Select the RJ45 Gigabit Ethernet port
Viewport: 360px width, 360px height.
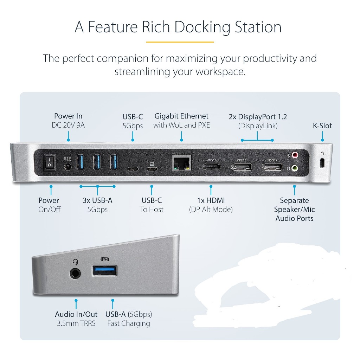click(x=181, y=162)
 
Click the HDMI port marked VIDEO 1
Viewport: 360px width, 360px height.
click(x=211, y=166)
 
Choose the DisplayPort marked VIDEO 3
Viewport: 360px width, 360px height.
click(x=271, y=166)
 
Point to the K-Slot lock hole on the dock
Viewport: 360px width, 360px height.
click(x=322, y=163)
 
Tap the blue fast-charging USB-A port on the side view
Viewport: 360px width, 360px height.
click(x=105, y=270)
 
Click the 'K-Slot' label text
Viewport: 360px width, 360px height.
click(x=322, y=126)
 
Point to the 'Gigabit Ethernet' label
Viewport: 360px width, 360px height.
click(x=181, y=116)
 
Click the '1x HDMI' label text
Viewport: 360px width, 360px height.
click(x=211, y=200)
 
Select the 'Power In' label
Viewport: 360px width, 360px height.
click(x=68, y=116)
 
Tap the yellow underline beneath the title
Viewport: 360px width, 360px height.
click(x=180, y=42)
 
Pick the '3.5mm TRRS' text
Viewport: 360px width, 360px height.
click(x=76, y=323)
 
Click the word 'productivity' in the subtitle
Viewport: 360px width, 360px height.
click(x=270, y=58)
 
